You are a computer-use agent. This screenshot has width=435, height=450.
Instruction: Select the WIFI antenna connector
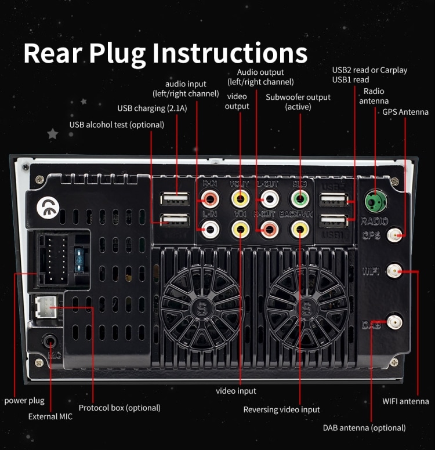(394, 270)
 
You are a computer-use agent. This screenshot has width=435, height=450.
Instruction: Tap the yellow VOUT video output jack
(240, 199)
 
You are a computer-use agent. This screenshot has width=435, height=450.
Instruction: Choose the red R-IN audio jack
(209, 199)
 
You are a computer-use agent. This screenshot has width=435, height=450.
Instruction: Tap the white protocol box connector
(46, 306)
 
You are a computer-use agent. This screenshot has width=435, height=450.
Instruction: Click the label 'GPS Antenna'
(405, 112)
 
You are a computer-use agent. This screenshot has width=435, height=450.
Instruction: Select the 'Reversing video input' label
(281, 409)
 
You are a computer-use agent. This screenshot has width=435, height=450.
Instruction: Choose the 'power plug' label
(24, 401)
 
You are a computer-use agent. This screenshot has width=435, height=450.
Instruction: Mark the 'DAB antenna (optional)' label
(364, 428)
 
